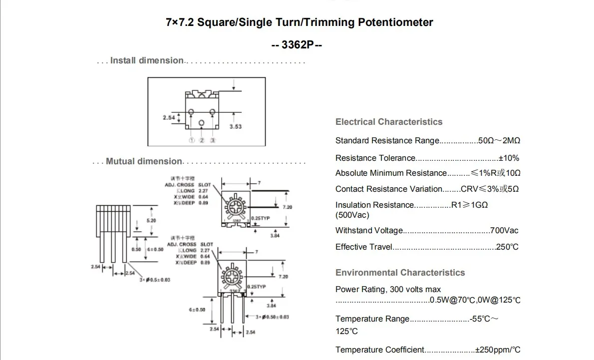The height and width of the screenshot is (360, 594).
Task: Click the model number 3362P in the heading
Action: click(297, 44)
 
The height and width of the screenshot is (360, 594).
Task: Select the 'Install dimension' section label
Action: click(147, 60)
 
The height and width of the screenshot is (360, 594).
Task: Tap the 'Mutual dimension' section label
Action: click(144, 161)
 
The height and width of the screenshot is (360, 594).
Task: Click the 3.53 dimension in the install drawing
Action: click(236, 127)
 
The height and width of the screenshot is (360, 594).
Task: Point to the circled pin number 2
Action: click(202, 140)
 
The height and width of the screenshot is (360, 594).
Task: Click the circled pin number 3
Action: click(213, 140)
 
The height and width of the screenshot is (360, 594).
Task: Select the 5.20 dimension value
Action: click(151, 220)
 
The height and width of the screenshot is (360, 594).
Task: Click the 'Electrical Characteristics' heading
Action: click(389, 122)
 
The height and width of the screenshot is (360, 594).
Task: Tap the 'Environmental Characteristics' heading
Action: click(400, 273)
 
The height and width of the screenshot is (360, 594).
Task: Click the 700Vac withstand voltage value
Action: click(504, 231)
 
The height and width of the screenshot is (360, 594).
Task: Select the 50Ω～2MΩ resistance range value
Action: click(499, 141)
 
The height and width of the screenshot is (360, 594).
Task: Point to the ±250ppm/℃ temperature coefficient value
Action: click(498, 350)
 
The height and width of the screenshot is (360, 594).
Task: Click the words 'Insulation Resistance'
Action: click(375, 205)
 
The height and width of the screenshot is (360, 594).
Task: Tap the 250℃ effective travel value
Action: click(507, 247)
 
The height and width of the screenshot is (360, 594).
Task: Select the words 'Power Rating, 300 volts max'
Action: click(388, 290)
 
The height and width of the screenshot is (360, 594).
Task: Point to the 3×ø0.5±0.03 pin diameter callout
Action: click(155, 280)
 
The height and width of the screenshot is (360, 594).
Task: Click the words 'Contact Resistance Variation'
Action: click(389, 189)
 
